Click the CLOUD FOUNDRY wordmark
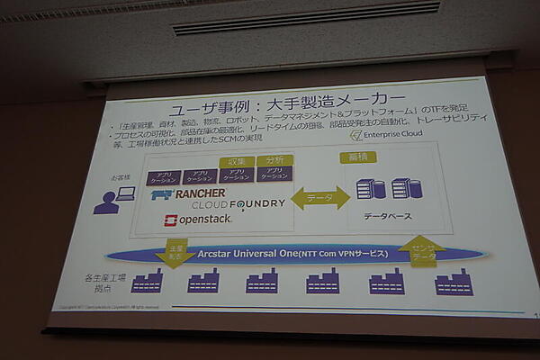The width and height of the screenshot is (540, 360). [238, 204]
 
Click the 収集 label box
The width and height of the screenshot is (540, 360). [238, 161]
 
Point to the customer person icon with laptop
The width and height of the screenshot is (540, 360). [115, 198]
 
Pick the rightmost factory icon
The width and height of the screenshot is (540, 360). [453, 283]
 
